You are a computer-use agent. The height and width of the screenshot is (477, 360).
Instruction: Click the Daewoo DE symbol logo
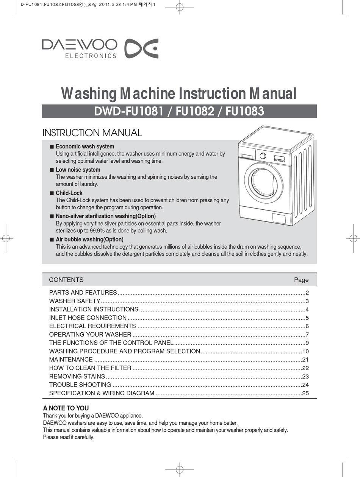pos(142,48)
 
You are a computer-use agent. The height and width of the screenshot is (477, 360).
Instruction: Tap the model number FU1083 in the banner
pos(245,112)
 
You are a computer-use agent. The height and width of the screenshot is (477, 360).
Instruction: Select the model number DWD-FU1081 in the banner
pos(128,112)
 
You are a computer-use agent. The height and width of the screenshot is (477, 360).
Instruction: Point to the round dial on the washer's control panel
pos(263,156)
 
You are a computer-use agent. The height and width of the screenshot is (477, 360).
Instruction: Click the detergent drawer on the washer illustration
pos(247,156)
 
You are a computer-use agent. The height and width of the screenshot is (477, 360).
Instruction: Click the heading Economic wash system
pos(85,147)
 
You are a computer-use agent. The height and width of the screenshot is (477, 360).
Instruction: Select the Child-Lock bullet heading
pos(69,193)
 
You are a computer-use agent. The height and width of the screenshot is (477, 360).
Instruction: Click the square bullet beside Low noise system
pos(52,170)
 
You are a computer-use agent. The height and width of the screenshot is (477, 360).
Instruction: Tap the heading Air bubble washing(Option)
pos(89,240)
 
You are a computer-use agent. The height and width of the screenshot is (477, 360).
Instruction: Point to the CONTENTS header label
pos(66,280)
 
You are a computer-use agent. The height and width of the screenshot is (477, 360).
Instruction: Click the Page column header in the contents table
pos(301,280)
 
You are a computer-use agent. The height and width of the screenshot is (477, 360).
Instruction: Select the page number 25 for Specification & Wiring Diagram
pos(305,393)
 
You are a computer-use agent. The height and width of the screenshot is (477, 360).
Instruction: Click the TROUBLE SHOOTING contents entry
pos(80,385)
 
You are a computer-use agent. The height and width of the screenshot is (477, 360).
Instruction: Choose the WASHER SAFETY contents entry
pos(75,301)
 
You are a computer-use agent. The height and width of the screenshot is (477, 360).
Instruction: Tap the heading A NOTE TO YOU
pos(66,408)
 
